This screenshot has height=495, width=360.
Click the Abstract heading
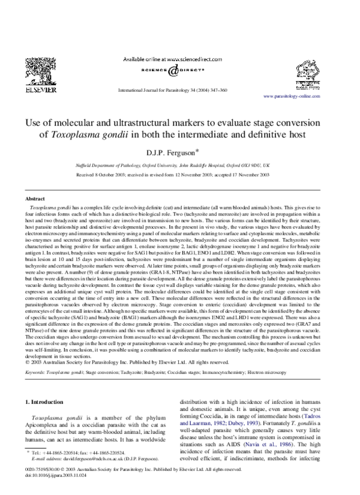click(x=34, y=198)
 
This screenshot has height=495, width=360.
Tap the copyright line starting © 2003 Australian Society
click(x=127, y=345)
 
